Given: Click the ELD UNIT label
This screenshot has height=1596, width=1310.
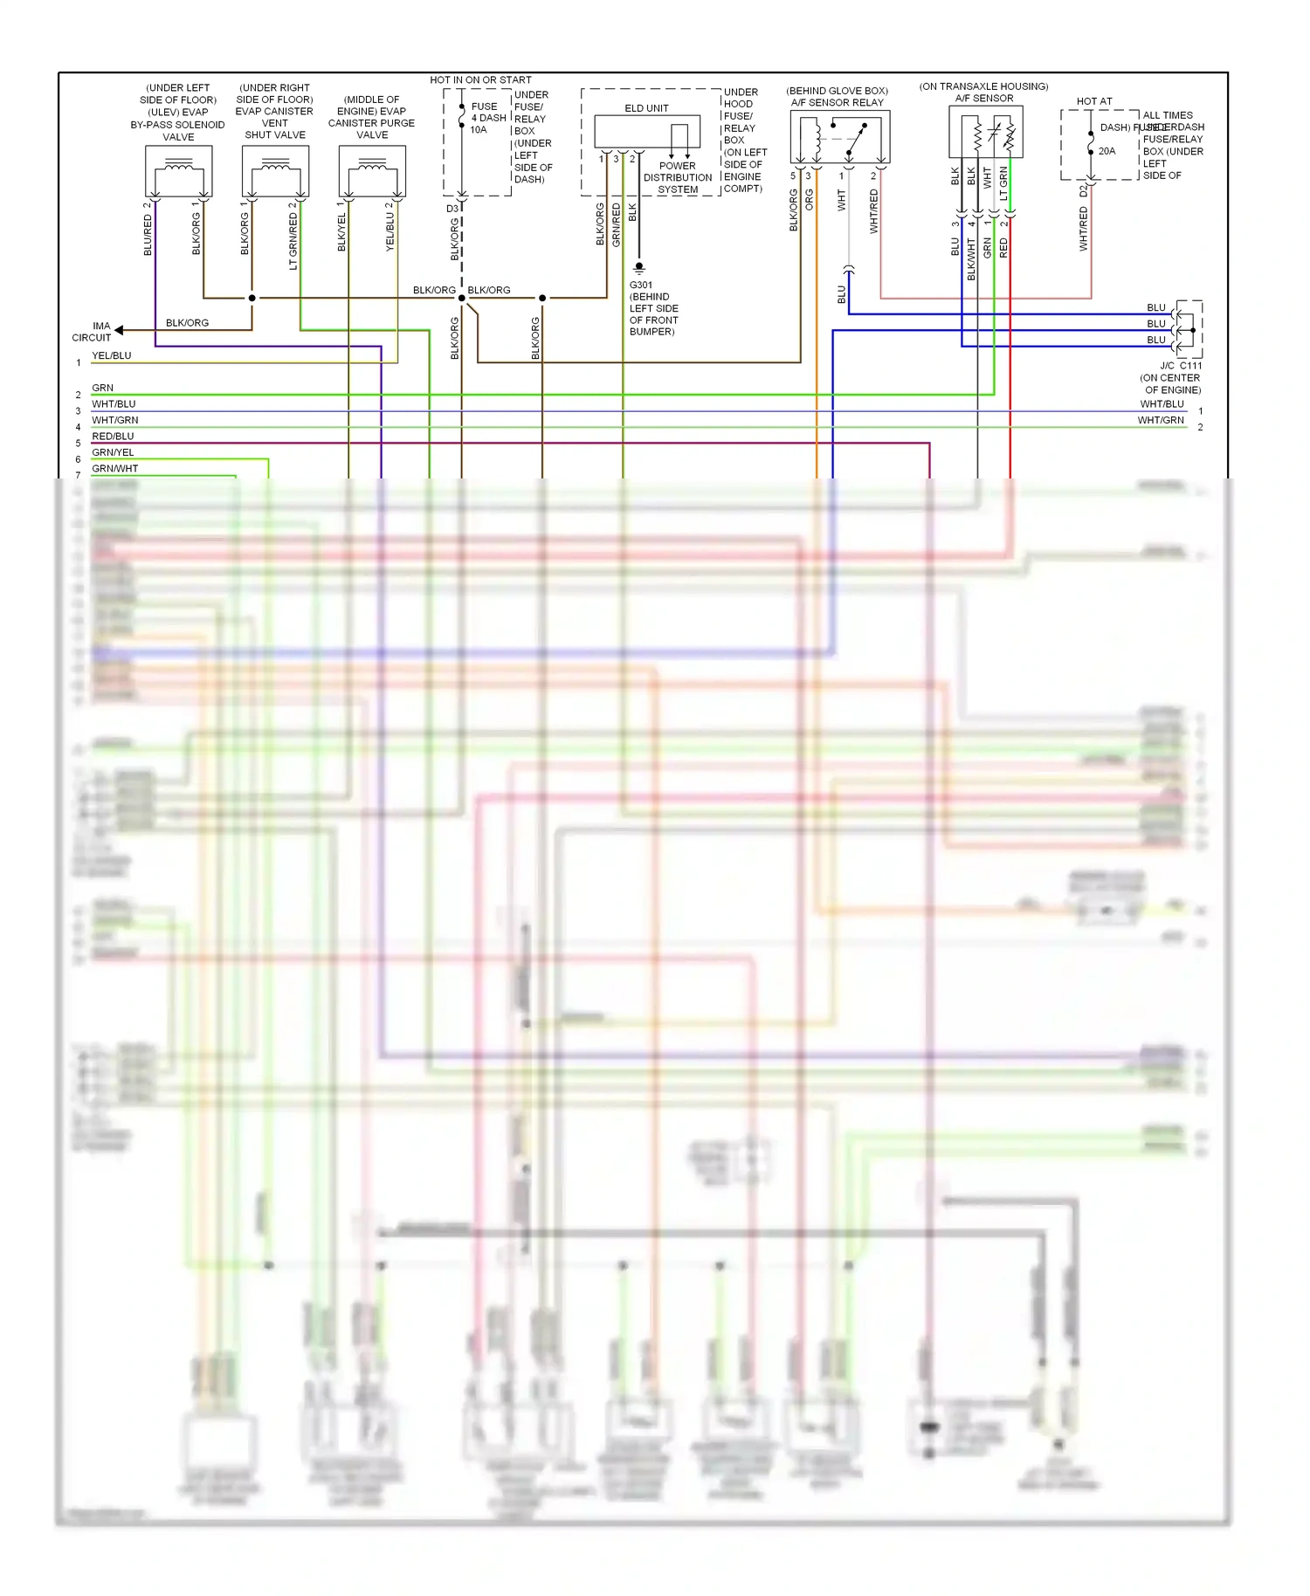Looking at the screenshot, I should coord(646,108).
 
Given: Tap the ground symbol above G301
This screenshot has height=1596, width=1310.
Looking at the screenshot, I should coord(639,268).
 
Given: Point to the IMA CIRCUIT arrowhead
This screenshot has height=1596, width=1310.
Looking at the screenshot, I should coord(119,330).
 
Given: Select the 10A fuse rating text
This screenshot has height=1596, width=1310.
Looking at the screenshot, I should coord(479,130).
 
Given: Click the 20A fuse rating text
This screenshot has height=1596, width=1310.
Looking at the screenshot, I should coord(1107,151).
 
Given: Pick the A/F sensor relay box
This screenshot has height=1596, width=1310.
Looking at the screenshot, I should coord(839,136).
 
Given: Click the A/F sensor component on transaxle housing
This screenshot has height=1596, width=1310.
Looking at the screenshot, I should coord(985,133).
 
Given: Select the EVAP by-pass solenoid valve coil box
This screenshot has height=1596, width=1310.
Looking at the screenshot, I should coord(178,171).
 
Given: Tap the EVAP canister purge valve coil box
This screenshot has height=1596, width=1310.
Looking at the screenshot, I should coord(372,171).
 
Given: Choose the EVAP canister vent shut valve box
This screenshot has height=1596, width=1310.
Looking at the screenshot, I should coord(275,171).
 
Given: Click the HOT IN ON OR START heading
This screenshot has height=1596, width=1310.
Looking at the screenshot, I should coord(480,79).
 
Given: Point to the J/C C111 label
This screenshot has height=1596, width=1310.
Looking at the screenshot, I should coord(1181,366).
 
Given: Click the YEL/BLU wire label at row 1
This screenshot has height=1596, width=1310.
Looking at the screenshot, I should coord(112,355).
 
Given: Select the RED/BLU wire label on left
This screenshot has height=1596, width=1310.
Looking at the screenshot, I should coord(113,436).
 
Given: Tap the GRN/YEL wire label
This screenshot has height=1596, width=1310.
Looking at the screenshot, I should coord(113,452).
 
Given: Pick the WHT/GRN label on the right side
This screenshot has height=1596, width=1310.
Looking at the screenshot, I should coord(1161,420).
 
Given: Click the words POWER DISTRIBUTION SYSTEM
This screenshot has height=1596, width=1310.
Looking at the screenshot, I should coord(678,177).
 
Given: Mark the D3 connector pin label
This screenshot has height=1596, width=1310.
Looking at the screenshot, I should coord(452,209).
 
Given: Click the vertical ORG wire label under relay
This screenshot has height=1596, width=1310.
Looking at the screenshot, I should coord(810,200).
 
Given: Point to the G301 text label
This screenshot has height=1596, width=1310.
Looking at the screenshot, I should coord(640,285).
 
